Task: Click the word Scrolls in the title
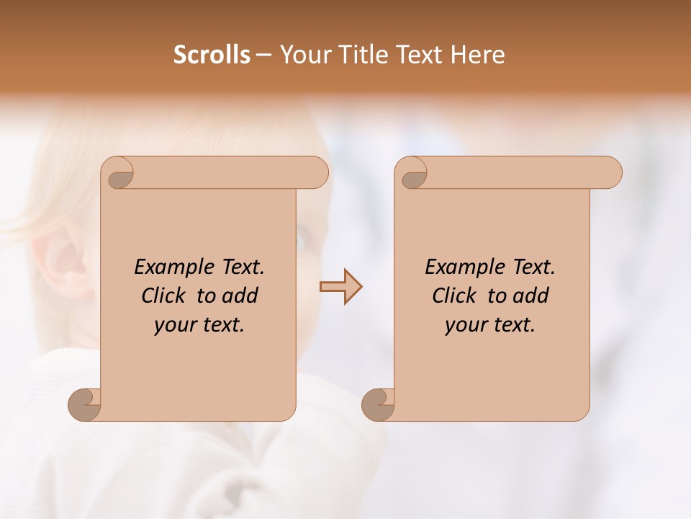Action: click(x=212, y=55)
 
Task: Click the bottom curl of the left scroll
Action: click(x=85, y=405)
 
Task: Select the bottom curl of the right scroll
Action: click(x=379, y=405)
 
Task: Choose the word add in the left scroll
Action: click(x=239, y=296)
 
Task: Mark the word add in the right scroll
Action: click(x=530, y=296)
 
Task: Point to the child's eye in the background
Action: click(x=303, y=238)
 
